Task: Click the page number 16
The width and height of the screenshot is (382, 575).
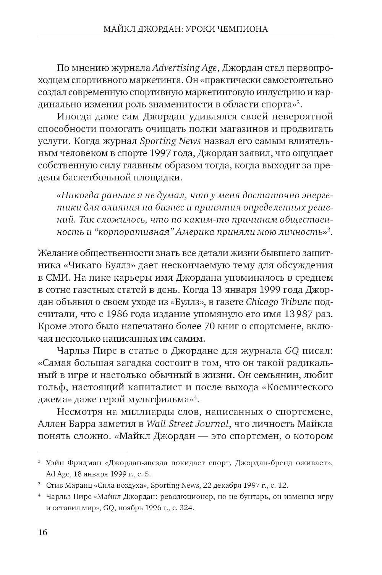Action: pos(42,532)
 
